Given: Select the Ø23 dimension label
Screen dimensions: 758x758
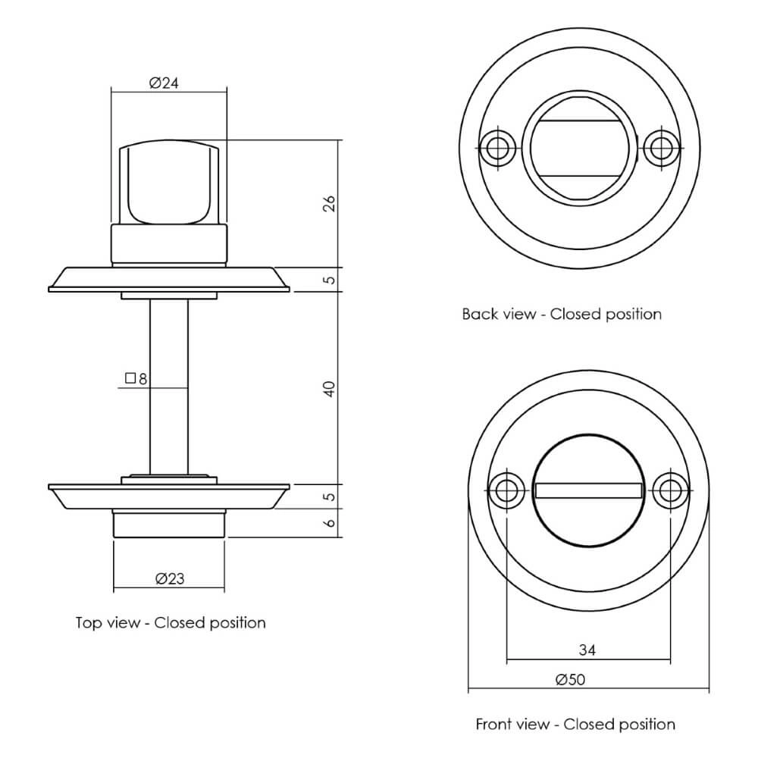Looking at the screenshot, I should tap(170, 578).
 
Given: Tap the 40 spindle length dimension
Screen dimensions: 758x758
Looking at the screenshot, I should tap(329, 389).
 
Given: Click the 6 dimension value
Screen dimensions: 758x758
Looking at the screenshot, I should tap(329, 523).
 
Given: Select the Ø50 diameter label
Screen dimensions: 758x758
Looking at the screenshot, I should tap(570, 680).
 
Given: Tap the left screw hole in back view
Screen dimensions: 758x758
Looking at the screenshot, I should tap(497, 149).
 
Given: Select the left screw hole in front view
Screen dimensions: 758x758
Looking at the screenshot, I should tap(506, 490).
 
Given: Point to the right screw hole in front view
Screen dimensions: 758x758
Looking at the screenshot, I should tap(670, 490).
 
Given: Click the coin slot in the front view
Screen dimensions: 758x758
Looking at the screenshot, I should tap(588, 491).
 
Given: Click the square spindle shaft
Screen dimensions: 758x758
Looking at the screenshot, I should tap(168, 387).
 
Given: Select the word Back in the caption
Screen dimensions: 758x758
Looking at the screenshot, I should tap(479, 314).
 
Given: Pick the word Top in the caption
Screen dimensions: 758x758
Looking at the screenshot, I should tap(89, 623).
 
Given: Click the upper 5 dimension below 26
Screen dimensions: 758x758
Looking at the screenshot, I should tap(329, 280).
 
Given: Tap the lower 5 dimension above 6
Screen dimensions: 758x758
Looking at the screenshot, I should tap(329, 497).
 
